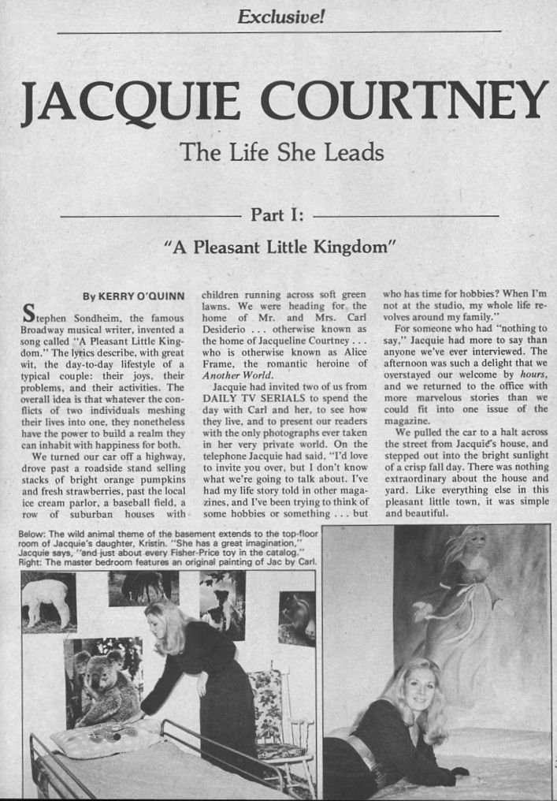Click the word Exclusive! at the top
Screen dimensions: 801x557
pos(280,15)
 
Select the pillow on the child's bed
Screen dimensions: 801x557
pos(102,738)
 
